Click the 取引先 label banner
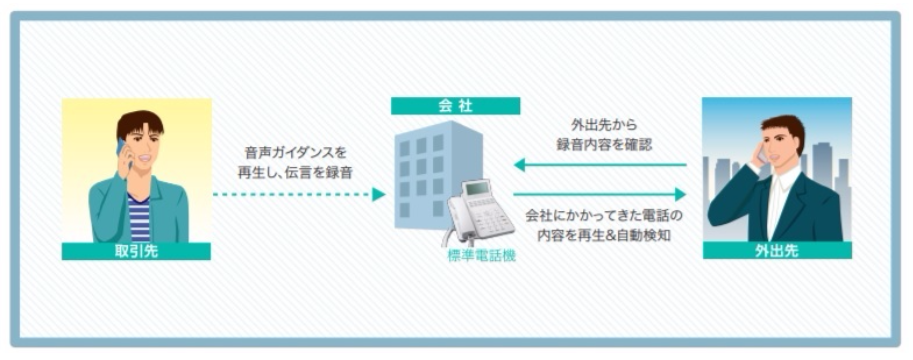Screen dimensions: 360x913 pyautogui.click(x=136, y=251)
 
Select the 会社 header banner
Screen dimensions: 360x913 pyautogui.click(x=455, y=105)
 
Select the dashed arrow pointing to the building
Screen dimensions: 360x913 pyautogui.click(x=299, y=194)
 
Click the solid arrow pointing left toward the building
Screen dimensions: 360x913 pyautogui.click(x=600, y=164)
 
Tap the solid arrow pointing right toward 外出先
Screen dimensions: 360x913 pyautogui.click(x=600, y=194)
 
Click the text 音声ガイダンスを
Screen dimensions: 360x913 pyautogui.click(x=296, y=153)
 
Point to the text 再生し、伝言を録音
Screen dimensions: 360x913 pyautogui.click(x=296, y=173)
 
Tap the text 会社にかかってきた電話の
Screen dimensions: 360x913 pyautogui.click(x=603, y=215)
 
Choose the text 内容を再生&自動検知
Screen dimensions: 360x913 pyautogui.click(x=603, y=235)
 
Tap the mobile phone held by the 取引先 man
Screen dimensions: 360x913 pyautogui.click(x=121, y=150)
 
